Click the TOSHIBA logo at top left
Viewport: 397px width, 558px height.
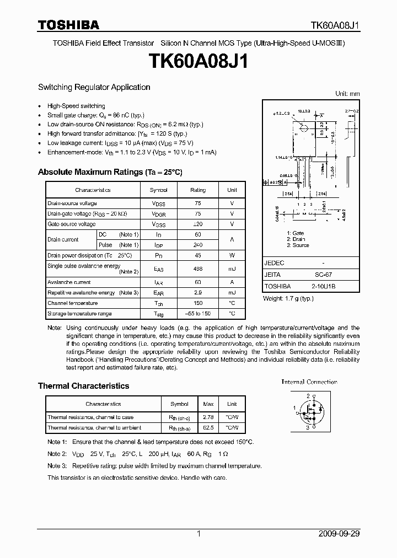pyautogui.click(x=68, y=25)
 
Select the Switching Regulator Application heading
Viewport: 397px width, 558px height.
pyautogui.click(x=94, y=87)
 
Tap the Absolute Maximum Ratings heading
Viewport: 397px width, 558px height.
pyautogui.click(x=110, y=172)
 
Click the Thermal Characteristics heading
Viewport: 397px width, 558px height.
pyautogui.click(x=83, y=386)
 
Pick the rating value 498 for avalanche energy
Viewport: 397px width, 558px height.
pyautogui.click(x=198, y=269)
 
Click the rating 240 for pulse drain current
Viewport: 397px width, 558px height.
pyautogui.click(x=198, y=245)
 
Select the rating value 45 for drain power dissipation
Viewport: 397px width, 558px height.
pyautogui.click(x=198, y=255)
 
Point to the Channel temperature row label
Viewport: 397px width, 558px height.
pyautogui.click(x=72, y=303)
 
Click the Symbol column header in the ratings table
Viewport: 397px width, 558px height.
pyautogui.click(x=158, y=190)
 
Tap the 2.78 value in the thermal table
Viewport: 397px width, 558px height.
pyautogui.click(x=209, y=417)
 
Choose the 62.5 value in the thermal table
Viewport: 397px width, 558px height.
pyautogui.click(x=209, y=428)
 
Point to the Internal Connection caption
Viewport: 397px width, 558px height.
pyautogui.click(x=309, y=382)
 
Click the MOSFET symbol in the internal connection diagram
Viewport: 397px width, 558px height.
pyautogui.click(x=308, y=411)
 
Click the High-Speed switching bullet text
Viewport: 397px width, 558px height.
pyautogui.click(x=76, y=106)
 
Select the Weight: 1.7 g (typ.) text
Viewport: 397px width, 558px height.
pyautogui.click(x=288, y=298)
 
